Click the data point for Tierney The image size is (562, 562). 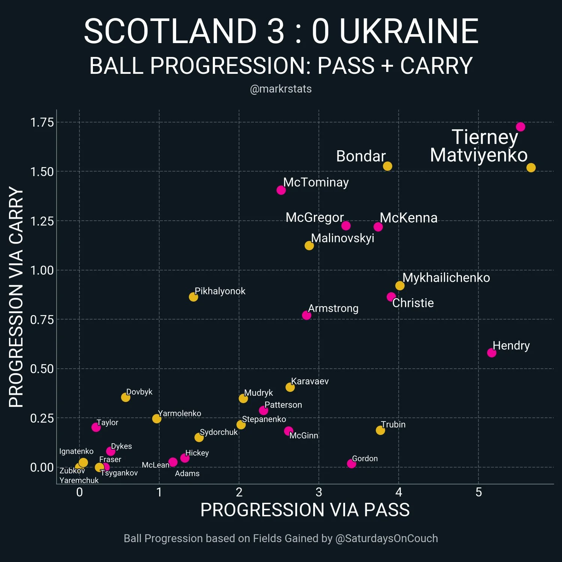[520, 127]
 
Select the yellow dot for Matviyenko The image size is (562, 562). [531, 168]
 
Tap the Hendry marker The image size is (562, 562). [492, 353]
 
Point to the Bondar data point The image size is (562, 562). [387, 166]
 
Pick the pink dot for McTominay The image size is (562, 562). [281, 190]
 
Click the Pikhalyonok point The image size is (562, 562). [193, 297]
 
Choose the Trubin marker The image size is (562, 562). [380, 430]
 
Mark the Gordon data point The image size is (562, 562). [351, 464]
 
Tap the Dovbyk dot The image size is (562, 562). [126, 397]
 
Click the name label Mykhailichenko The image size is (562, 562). [446, 278]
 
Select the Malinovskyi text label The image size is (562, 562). [342, 238]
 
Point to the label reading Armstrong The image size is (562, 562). [333, 308]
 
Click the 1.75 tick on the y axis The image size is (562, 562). [42, 122]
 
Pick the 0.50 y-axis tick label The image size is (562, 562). [42, 369]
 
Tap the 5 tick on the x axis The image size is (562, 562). [478, 492]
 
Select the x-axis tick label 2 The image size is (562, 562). [239, 492]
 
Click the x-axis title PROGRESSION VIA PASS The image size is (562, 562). [305, 510]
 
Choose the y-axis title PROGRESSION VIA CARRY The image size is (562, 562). [16, 297]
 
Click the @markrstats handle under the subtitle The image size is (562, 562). [281, 89]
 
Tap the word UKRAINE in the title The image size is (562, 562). [409, 31]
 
